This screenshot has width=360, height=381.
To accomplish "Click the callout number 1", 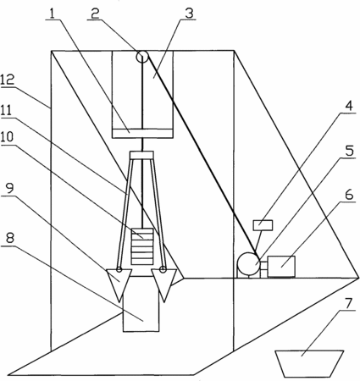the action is [x=52, y=14].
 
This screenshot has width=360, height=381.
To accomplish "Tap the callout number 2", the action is [x=95, y=14].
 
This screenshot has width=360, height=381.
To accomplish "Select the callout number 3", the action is [x=189, y=14].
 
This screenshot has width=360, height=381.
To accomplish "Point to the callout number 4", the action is [x=349, y=106].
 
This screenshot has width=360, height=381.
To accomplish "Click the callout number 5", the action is [x=350, y=151].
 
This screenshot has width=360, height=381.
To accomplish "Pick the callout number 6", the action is [x=349, y=195].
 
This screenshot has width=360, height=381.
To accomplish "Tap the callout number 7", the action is [x=349, y=303].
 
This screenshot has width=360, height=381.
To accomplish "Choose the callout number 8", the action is [x=10, y=239].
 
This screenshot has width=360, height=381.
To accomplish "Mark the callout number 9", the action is [x=10, y=188].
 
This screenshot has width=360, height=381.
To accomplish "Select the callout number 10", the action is [x=7, y=137].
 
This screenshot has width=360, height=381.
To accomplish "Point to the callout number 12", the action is [x=7, y=80].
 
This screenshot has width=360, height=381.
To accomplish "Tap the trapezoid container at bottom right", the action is [x=309, y=363].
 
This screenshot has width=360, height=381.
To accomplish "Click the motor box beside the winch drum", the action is [x=281, y=266].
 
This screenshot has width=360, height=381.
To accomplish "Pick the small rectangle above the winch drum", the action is [x=263, y=225].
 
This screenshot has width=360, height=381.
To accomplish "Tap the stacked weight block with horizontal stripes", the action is [x=142, y=246].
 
